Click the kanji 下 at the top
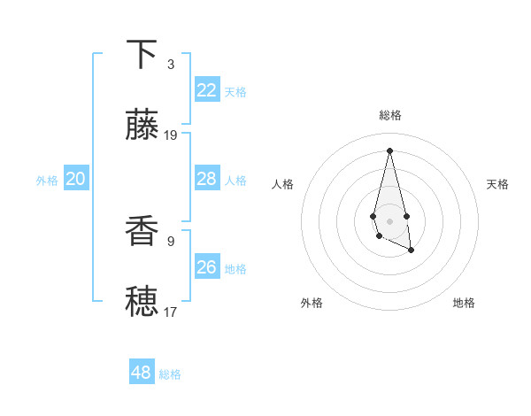click(x=142, y=55)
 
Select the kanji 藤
click(x=142, y=126)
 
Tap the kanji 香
click(x=142, y=232)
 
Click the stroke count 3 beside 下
click(x=171, y=65)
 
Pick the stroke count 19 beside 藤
click(x=171, y=135)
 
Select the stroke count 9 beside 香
click(x=171, y=241)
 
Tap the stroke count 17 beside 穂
click(x=171, y=312)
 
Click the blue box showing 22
click(x=207, y=90)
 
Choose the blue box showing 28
click(x=207, y=179)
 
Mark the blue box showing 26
click(x=207, y=267)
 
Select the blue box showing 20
click(x=76, y=179)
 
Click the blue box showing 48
click(x=142, y=373)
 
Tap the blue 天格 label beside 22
click(x=235, y=92)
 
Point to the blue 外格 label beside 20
click(x=47, y=181)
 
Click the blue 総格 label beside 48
click(x=170, y=374)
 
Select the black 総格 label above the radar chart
click(x=390, y=115)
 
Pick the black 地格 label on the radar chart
click(x=464, y=303)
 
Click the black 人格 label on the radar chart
click(x=283, y=184)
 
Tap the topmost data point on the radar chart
click(x=389, y=150)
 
